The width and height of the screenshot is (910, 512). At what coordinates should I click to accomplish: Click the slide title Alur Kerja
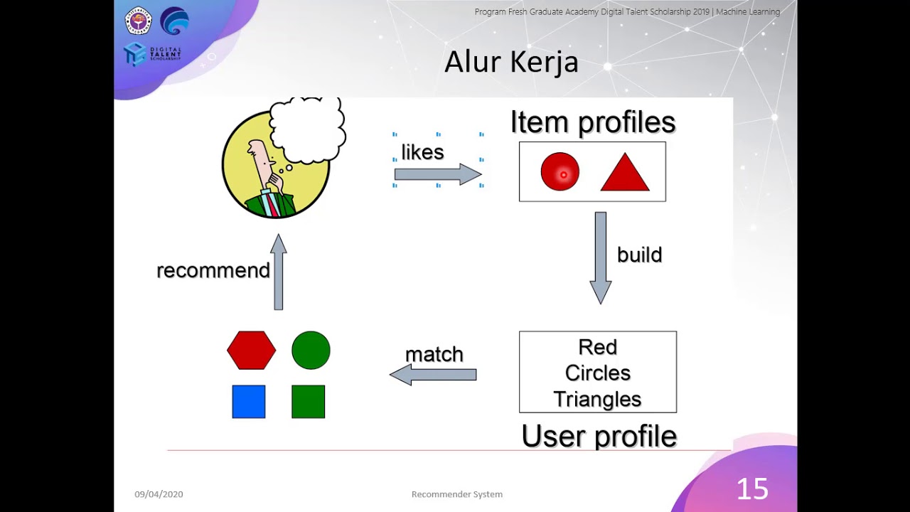pos(511,63)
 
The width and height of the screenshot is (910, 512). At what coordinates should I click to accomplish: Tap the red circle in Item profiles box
pos(560,172)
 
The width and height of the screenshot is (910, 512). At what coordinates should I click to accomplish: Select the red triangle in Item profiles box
pos(625,175)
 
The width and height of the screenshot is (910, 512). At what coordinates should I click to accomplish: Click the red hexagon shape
pos(251,351)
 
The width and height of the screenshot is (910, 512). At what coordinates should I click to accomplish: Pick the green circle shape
pos(311,351)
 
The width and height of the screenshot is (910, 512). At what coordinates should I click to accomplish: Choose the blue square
pos(249,402)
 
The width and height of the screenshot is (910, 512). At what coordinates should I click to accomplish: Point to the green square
pos(308,402)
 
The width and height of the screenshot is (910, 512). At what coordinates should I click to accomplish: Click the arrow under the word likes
pos(438,175)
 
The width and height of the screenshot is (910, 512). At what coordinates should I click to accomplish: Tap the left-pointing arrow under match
pos(433,375)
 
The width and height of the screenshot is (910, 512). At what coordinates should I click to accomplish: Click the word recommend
pos(213,271)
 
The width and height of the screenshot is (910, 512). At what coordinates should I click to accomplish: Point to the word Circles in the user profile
pos(598,373)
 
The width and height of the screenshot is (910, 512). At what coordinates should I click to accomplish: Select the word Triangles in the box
pos(597,400)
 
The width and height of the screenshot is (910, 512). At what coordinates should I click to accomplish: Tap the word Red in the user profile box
pos(597,347)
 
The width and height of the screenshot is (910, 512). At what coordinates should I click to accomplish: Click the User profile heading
pos(599,437)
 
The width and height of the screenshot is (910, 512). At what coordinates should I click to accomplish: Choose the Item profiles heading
pos(593,122)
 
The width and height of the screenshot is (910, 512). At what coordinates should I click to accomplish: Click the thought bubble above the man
pos(307,132)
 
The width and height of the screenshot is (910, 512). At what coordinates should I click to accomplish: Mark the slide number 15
pos(752,489)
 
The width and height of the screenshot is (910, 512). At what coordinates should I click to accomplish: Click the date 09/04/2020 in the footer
pos(159,494)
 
